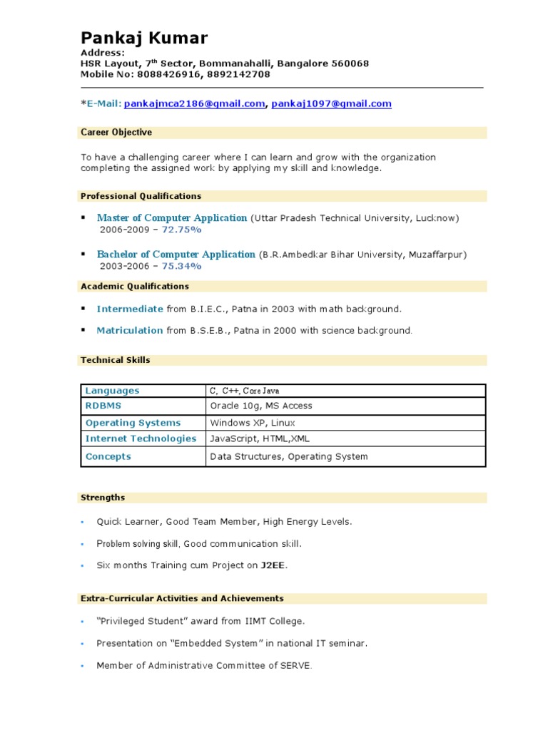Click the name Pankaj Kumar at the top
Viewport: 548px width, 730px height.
click(x=144, y=38)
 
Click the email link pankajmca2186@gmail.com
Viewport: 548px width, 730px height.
click(x=194, y=104)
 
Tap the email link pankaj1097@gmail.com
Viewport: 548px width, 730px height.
click(x=331, y=104)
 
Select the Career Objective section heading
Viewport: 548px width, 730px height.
click(x=116, y=133)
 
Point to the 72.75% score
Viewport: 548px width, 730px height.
click(x=182, y=230)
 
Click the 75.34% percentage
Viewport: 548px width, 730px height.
click(x=182, y=266)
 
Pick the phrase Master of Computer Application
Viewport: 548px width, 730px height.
click(x=172, y=218)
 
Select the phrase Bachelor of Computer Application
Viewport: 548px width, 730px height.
click(x=176, y=255)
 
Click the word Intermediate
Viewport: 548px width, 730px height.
click(x=130, y=309)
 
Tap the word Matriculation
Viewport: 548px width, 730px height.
click(x=130, y=331)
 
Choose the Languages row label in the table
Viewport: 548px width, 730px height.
click(x=112, y=391)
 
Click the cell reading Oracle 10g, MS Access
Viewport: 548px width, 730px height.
click(x=261, y=406)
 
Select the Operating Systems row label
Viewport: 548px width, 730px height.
click(x=133, y=423)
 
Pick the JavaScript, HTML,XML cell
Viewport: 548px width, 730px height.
click(x=260, y=439)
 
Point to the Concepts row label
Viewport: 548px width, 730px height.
click(x=108, y=457)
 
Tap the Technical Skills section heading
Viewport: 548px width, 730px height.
click(x=116, y=361)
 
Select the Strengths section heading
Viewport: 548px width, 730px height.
click(x=103, y=498)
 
